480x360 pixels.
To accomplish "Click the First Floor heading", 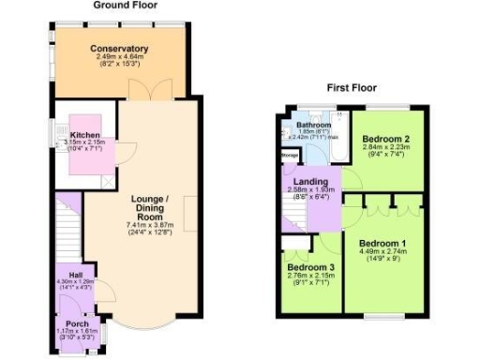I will click(352, 88).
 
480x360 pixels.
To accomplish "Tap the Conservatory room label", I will click(120, 49).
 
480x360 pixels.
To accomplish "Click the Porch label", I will click(77, 323).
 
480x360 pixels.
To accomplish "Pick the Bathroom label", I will click(310, 125).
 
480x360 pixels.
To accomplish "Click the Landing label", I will click(309, 180).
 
